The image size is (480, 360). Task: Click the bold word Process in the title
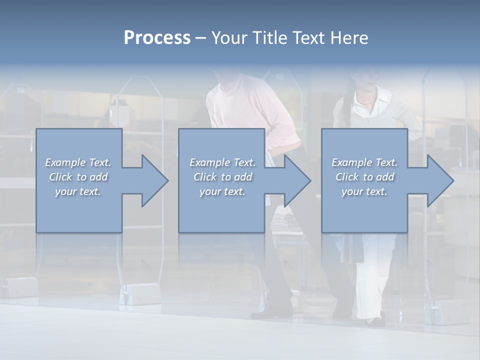[x=157, y=38]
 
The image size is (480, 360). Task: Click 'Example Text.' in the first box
[x=78, y=162]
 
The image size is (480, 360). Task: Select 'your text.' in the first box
[x=78, y=191]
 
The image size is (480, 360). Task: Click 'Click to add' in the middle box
[x=222, y=177]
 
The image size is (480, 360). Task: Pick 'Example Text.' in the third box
[x=364, y=162]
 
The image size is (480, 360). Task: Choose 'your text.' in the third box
[x=364, y=191]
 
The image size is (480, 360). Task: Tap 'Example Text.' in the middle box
[x=222, y=162]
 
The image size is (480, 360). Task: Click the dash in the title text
[x=200, y=38]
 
